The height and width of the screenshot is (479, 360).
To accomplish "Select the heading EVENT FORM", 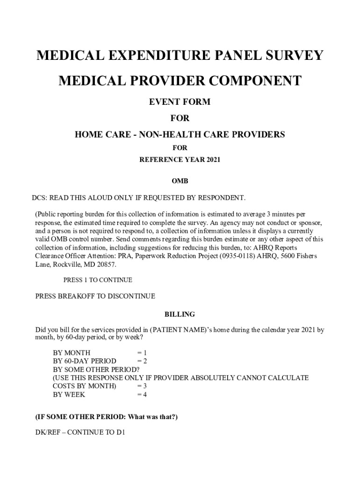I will click(x=180, y=102).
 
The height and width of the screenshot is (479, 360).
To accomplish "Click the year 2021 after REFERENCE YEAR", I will click(x=212, y=160).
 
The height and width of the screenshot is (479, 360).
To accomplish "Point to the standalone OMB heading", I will click(x=180, y=181).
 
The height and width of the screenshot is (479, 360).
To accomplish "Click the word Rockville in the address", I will click(x=68, y=265).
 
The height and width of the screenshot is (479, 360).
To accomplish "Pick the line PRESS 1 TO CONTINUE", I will click(x=98, y=280).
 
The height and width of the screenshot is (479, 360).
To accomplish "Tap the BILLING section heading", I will click(x=180, y=314).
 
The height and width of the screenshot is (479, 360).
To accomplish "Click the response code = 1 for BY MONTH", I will click(x=142, y=353).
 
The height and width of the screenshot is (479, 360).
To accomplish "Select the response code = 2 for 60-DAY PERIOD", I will click(x=142, y=361).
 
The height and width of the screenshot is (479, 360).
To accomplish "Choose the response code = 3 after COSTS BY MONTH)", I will click(x=142, y=386).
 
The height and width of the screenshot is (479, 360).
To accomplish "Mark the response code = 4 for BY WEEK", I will click(x=142, y=395).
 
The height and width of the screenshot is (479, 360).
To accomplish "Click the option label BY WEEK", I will click(x=69, y=395).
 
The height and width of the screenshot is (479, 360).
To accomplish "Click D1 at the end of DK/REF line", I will click(x=121, y=432).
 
